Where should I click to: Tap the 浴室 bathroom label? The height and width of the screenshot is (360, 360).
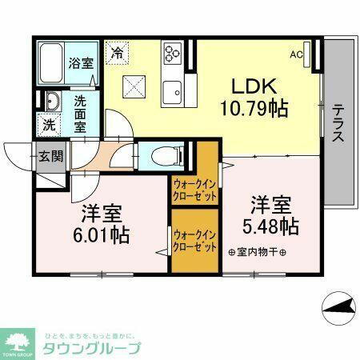[x=80, y=62]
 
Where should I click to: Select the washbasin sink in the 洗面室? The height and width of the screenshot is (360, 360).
[x=52, y=102]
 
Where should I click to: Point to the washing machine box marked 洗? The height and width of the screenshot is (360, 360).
[x=50, y=124]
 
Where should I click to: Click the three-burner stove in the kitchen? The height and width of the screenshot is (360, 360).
[x=173, y=53]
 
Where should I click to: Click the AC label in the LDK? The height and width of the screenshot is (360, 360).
[x=297, y=55]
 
